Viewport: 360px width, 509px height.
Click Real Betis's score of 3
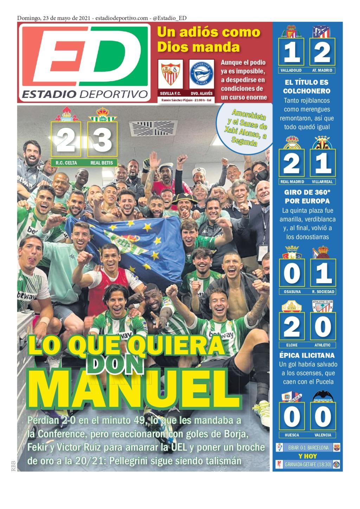102,139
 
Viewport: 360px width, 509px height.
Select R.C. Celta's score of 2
66,139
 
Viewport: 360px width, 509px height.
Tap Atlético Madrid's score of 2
322,52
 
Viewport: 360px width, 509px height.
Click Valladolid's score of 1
291,52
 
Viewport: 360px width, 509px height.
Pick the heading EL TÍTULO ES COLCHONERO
307,87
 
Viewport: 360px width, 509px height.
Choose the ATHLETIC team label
323,345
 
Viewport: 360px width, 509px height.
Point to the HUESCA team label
292,435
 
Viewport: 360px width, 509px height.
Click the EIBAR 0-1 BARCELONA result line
308,448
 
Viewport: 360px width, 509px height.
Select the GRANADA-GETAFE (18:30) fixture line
308,464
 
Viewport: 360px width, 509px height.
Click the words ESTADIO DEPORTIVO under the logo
84,94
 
